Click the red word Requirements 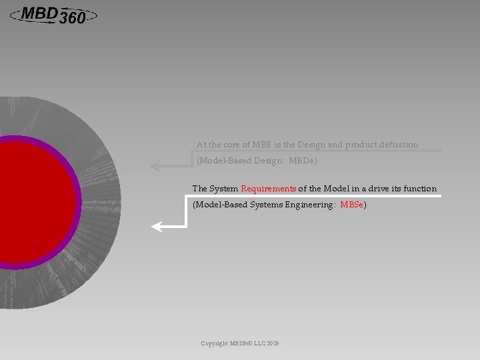269,189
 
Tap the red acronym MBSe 352,205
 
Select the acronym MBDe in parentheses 302,161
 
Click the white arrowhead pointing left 157,227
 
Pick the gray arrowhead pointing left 155,166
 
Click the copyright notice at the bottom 240,343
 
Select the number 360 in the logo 72,19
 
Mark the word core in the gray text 225,144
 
